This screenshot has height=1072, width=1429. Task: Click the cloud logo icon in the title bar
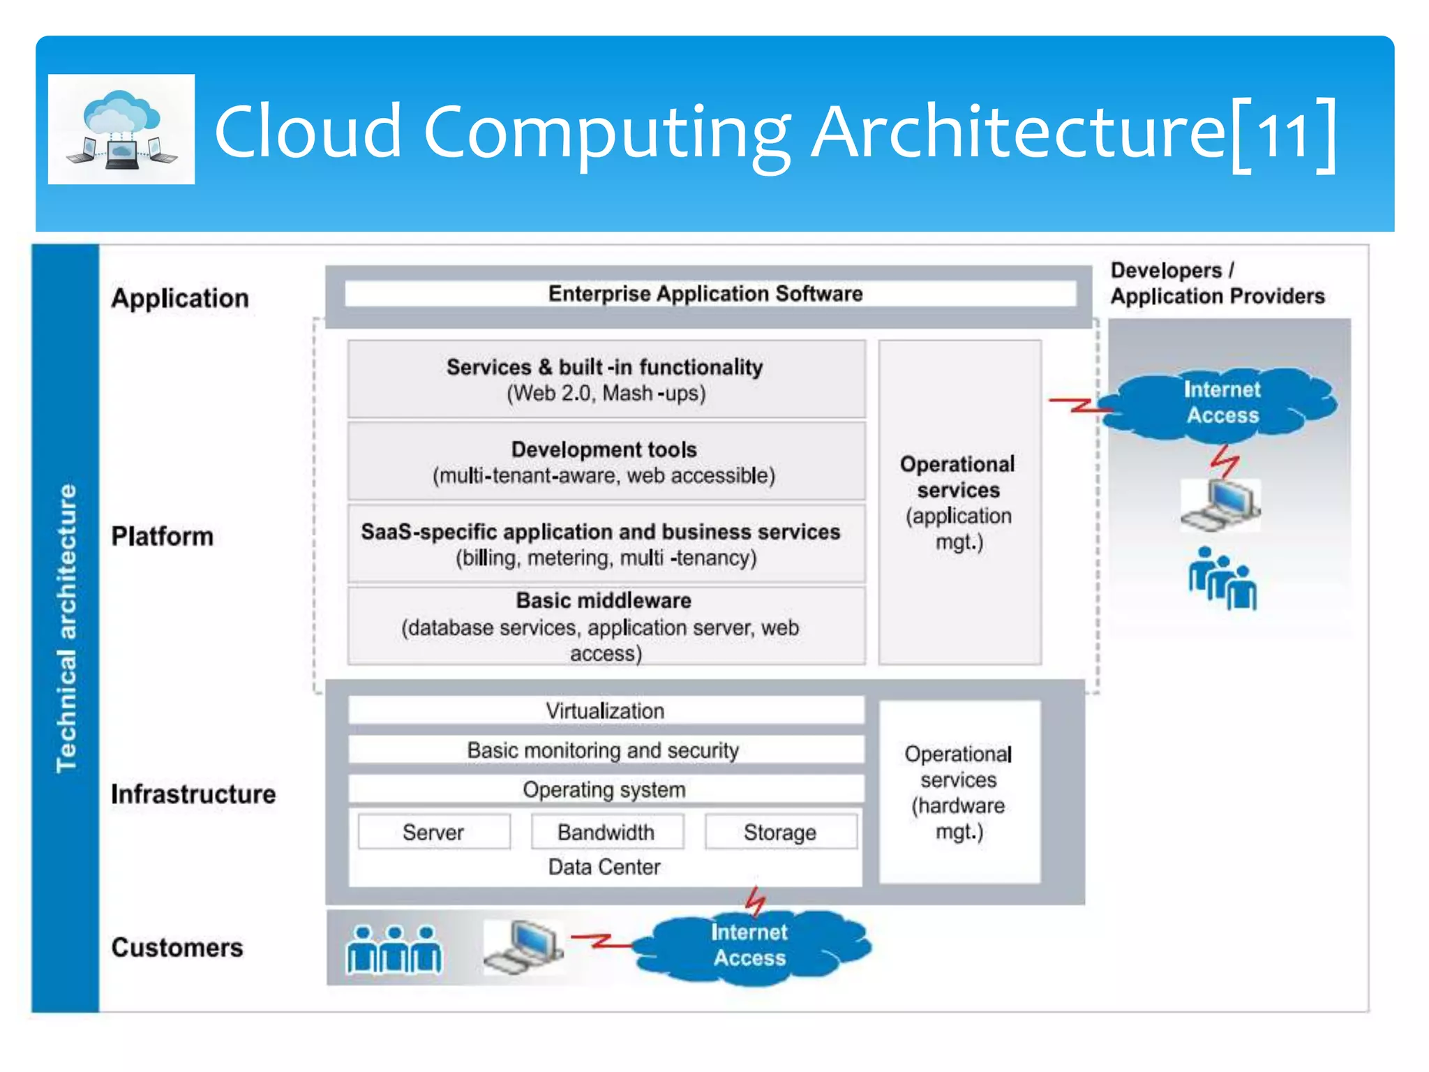click(x=121, y=129)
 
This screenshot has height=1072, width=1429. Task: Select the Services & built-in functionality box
click(x=606, y=379)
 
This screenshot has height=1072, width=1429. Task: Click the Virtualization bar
click(x=606, y=710)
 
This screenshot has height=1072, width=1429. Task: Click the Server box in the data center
click(x=433, y=832)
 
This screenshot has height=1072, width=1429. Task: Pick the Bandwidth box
click(x=606, y=832)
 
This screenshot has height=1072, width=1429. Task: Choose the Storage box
click(x=780, y=832)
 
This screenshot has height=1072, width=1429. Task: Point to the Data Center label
click(x=604, y=868)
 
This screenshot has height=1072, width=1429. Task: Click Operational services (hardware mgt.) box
click(x=959, y=792)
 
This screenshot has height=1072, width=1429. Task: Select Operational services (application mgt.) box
click(x=959, y=502)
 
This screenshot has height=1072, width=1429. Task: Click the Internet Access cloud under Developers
click(x=1221, y=403)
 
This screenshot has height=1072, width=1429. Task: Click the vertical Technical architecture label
click(x=66, y=628)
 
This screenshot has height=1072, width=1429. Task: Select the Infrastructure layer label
click(x=193, y=794)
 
